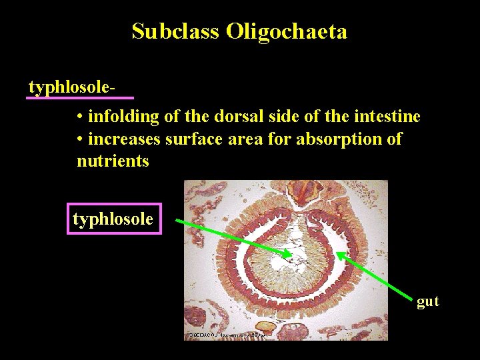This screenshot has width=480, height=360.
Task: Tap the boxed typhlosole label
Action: tap(113, 219)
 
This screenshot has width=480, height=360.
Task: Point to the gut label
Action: tap(427, 301)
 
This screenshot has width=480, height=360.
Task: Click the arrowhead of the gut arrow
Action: tap(342, 254)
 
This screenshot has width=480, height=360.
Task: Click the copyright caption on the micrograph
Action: tap(227, 335)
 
